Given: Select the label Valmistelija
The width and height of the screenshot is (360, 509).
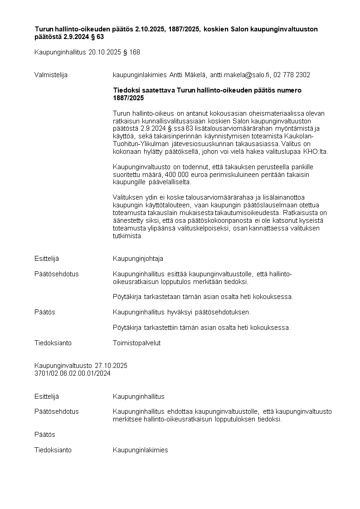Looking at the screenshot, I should pos(51,75).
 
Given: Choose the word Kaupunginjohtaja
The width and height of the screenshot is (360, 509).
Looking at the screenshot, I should pos(138,259).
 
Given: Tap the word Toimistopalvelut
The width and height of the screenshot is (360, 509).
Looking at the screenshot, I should pos(136,343).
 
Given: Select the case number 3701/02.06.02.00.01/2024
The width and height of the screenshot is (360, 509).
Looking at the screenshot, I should pos(73,373).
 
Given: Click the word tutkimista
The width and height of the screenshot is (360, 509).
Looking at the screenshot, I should pos(127,236).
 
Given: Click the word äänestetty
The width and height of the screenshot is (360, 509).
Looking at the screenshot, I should pos(128,220).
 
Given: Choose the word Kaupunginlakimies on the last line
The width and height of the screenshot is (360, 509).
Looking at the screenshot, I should pos(140,450).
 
